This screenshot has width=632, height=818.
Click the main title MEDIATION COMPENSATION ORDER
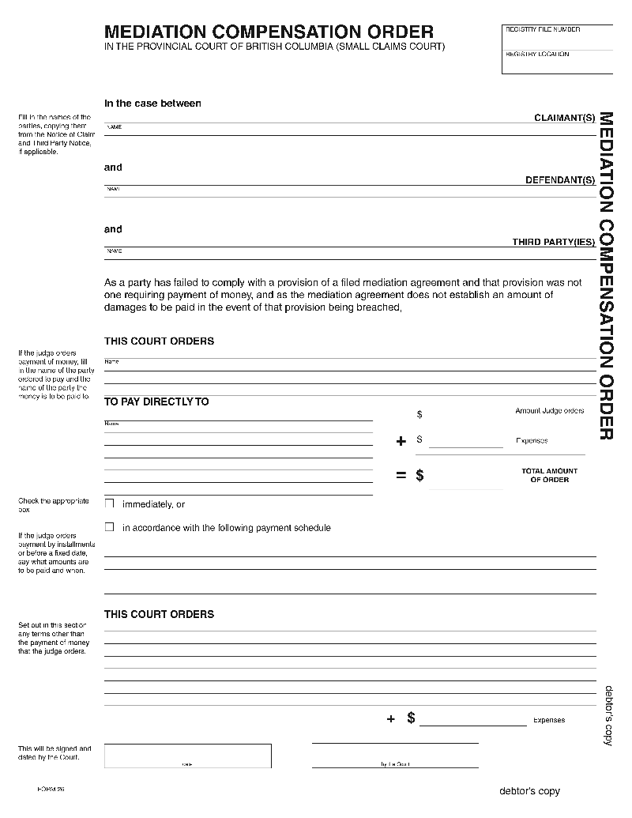coord(269,32)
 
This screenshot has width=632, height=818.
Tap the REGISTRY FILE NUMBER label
coord(543,30)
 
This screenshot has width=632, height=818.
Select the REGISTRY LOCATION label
coord(537,55)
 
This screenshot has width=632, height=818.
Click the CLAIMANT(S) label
coord(564,118)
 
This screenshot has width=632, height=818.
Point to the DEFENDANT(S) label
coord(560,180)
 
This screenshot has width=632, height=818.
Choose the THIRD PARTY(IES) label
coord(553,242)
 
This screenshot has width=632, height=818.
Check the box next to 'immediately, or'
coord(110,503)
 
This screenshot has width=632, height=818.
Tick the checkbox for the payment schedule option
coord(110,527)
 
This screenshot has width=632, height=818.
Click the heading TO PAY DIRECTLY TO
coord(156,401)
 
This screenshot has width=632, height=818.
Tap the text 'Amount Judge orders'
coord(549,411)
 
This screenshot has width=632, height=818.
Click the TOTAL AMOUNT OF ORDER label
coord(549,475)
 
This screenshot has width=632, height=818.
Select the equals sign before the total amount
coord(401,476)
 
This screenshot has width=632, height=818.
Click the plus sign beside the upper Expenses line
coord(401,441)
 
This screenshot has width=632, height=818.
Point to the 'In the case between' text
coord(152,104)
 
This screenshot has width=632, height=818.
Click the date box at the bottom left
coord(187,756)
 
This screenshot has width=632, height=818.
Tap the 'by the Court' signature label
coord(395,764)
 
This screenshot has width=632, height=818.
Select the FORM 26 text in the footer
coord(50,790)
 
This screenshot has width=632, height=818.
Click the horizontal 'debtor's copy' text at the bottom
coord(529,791)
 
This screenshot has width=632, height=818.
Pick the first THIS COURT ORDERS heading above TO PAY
coord(159,341)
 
